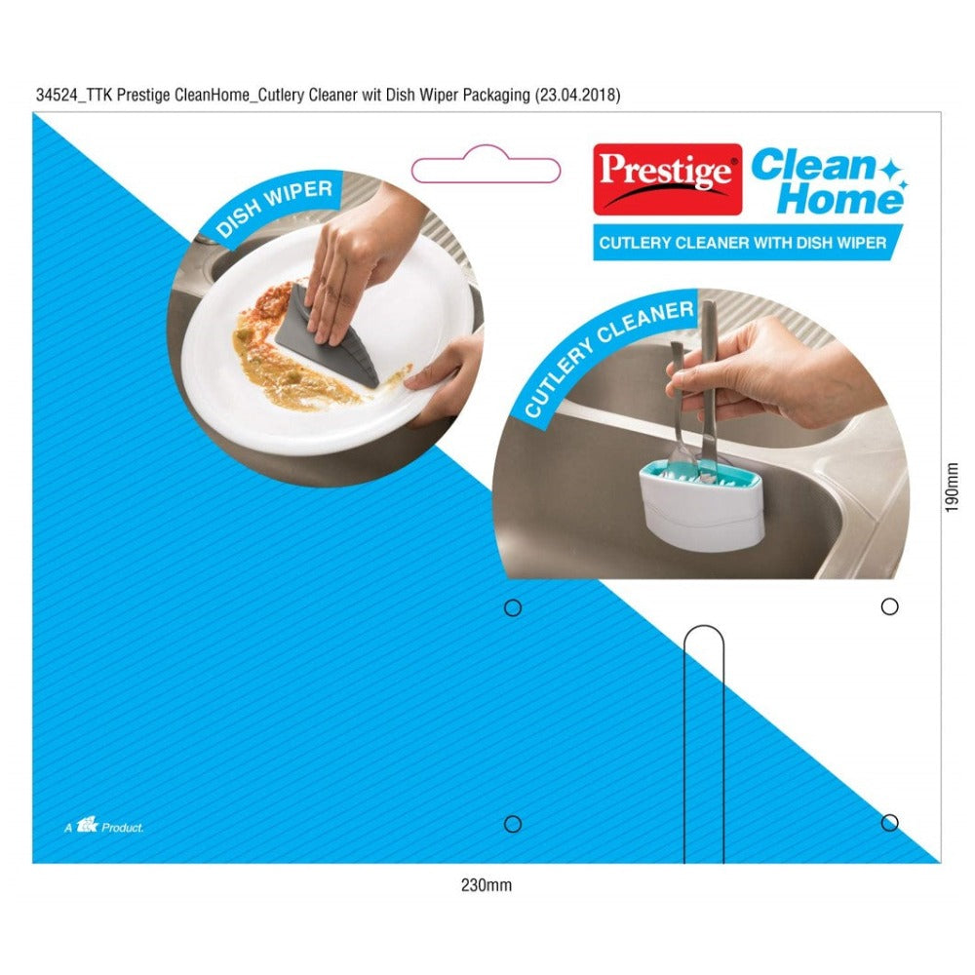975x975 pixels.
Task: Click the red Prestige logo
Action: pyautogui.click(x=667, y=178)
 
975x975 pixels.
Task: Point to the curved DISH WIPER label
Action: pyautogui.click(x=275, y=208)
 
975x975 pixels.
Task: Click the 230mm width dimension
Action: pyautogui.click(x=486, y=885)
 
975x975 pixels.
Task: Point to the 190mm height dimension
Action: pyautogui.click(x=953, y=487)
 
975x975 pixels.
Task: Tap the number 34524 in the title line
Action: pyautogui.click(x=56, y=95)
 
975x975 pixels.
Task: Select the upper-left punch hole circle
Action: pyautogui.click(x=512, y=607)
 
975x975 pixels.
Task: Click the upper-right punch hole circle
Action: pyautogui.click(x=889, y=606)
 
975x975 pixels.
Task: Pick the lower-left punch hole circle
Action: pyautogui.click(x=512, y=824)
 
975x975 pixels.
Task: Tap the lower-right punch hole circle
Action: pyautogui.click(x=889, y=823)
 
